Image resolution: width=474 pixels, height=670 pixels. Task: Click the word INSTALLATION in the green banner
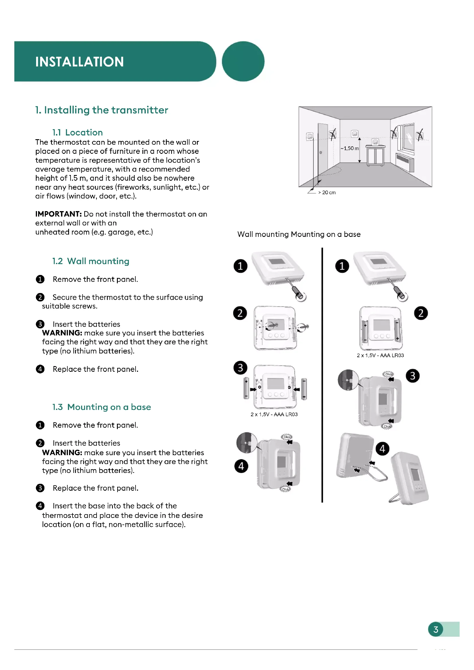79,62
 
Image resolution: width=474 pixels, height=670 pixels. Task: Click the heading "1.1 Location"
77,133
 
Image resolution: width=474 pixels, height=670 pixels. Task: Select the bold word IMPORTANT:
58,214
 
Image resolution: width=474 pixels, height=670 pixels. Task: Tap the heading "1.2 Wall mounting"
91,261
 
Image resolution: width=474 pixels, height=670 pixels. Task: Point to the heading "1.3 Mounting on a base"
101,407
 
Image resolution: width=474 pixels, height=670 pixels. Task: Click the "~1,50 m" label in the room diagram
349,148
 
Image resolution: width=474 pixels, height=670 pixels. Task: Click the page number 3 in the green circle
436,629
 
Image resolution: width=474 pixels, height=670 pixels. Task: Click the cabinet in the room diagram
375,155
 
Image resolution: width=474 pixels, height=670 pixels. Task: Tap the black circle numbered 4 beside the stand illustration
382,449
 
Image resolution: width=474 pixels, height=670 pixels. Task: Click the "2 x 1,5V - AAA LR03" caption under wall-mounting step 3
274,414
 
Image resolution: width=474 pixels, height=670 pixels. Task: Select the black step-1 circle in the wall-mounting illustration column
240,266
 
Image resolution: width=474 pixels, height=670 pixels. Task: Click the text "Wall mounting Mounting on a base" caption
299,234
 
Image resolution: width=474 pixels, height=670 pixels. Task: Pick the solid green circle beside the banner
243,61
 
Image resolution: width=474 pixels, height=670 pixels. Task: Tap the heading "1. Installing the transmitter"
101,110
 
